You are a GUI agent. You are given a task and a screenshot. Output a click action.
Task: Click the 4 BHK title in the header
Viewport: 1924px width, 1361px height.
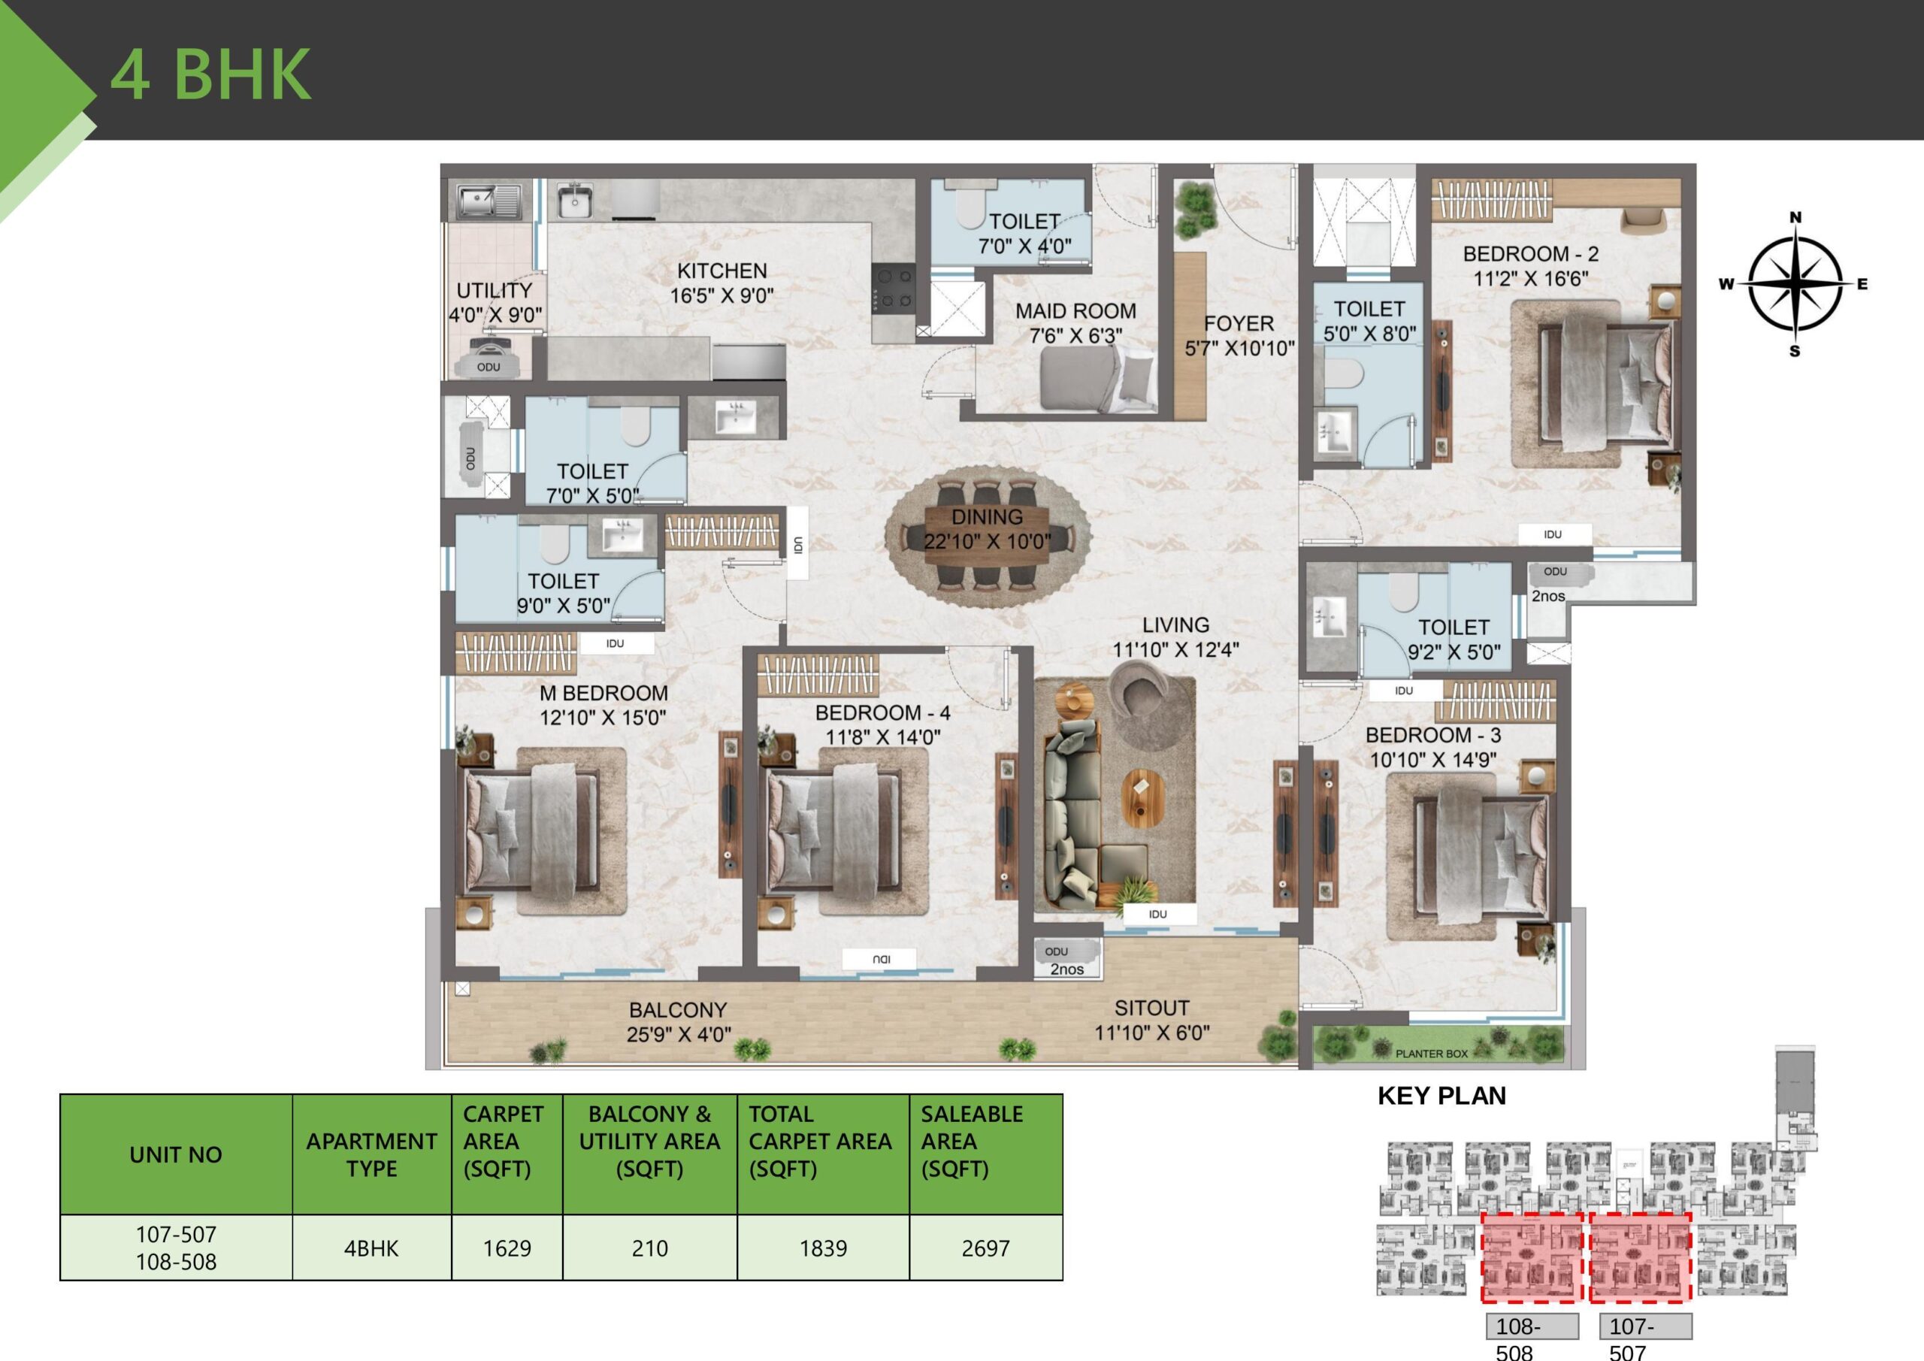210,74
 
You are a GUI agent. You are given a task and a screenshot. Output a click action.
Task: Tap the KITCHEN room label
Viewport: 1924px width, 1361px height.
721,271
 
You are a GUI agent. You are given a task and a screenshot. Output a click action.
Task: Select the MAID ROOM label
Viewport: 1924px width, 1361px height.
1075,311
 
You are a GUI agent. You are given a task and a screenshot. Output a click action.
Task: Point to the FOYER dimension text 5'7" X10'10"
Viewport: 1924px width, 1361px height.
1239,348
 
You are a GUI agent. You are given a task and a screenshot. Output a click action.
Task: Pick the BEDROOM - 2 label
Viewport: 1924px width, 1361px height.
1530,253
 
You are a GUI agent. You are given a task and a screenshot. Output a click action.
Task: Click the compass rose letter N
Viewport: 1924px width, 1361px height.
1795,217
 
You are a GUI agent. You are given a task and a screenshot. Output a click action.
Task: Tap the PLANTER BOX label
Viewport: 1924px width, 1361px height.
1431,1054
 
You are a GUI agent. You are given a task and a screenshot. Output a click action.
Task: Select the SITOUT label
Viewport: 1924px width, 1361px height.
1151,1009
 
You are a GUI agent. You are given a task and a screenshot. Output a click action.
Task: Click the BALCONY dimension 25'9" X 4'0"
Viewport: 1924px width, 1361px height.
678,1035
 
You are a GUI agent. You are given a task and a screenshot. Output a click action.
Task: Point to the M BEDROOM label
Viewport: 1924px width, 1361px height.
604,693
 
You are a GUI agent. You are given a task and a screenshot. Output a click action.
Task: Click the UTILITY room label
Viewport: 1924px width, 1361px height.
494,290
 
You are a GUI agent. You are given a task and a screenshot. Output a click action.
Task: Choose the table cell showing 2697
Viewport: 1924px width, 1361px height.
985,1248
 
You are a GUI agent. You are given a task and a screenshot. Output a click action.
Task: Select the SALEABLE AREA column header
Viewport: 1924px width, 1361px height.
971,1141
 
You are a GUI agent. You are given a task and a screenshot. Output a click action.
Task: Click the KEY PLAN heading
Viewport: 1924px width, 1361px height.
1441,1095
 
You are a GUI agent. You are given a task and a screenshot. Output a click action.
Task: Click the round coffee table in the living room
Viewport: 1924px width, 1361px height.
1143,793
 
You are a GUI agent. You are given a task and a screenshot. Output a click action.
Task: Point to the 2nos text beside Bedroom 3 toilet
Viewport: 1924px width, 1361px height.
1547,596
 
